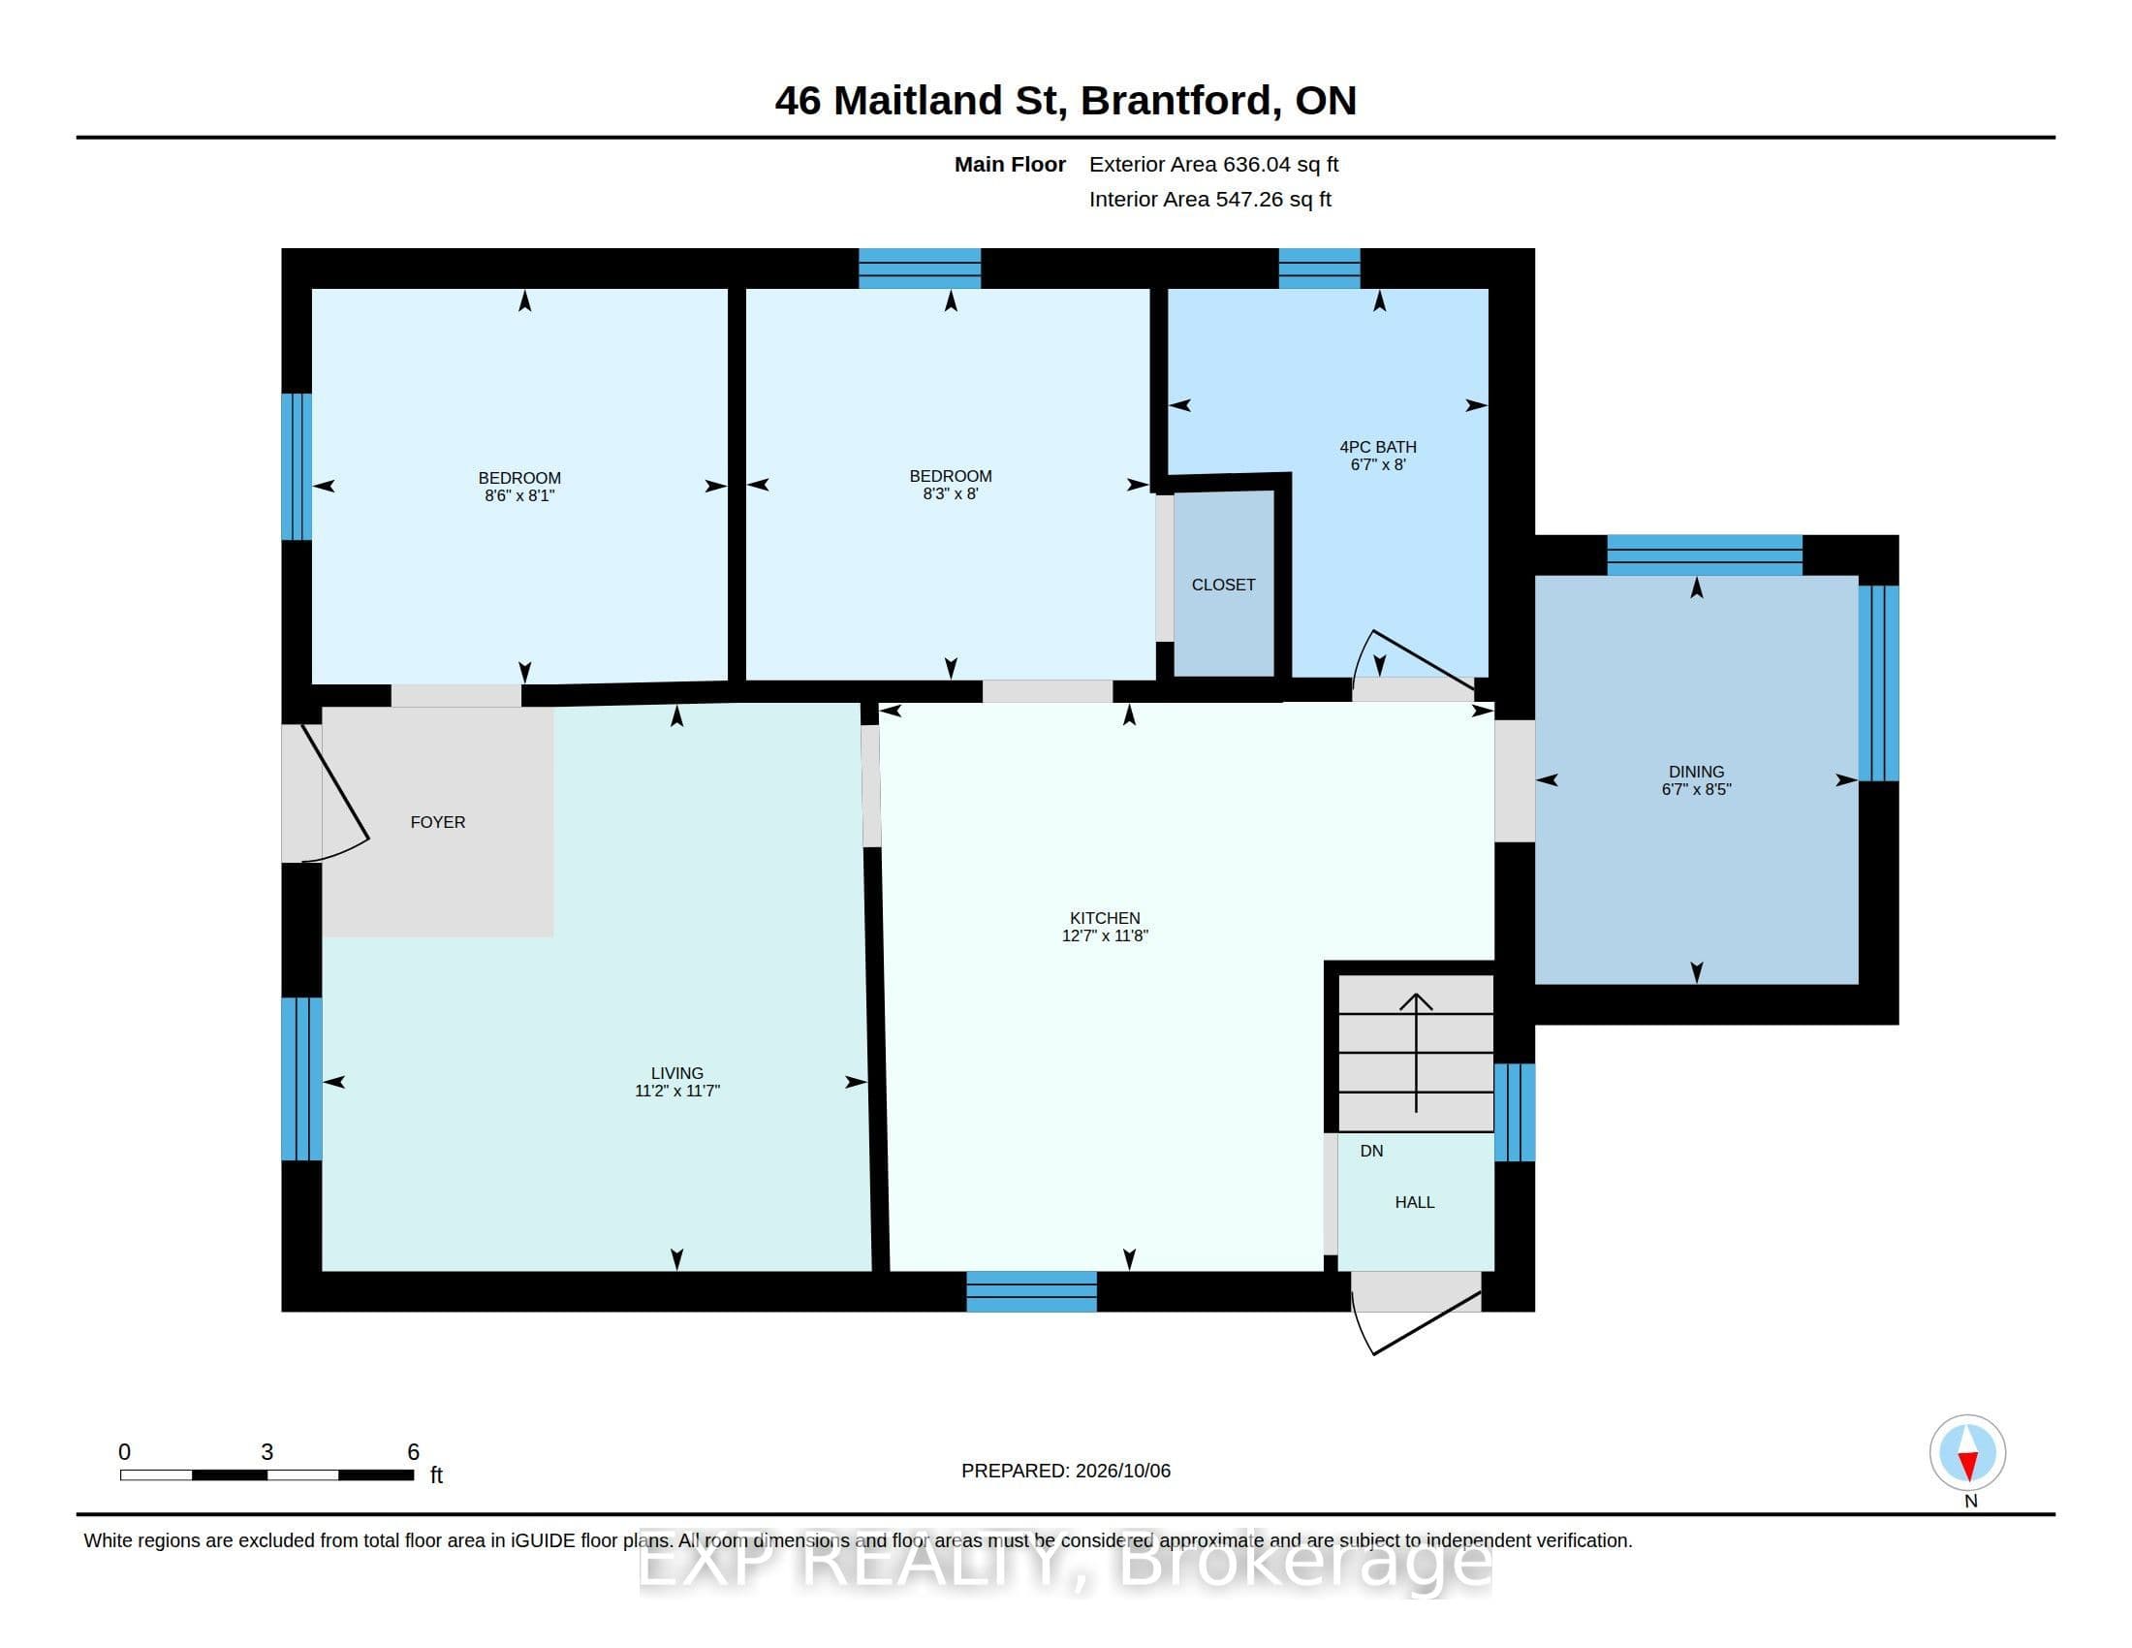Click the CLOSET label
point(1223,585)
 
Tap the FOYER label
point(437,822)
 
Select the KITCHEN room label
point(1105,918)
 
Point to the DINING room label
point(1697,772)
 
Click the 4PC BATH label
point(1377,447)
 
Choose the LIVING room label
point(676,1073)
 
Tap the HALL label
point(1415,1203)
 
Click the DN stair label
point(1371,1151)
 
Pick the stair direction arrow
point(1417,1053)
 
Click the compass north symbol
point(1968,1454)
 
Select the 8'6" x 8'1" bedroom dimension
point(519,496)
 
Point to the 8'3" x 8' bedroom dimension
point(951,494)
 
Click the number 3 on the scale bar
point(266,1452)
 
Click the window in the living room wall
point(301,1079)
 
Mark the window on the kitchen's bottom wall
point(1032,1291)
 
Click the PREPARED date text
point(1066,1471)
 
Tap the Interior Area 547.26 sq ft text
point(1209,199)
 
